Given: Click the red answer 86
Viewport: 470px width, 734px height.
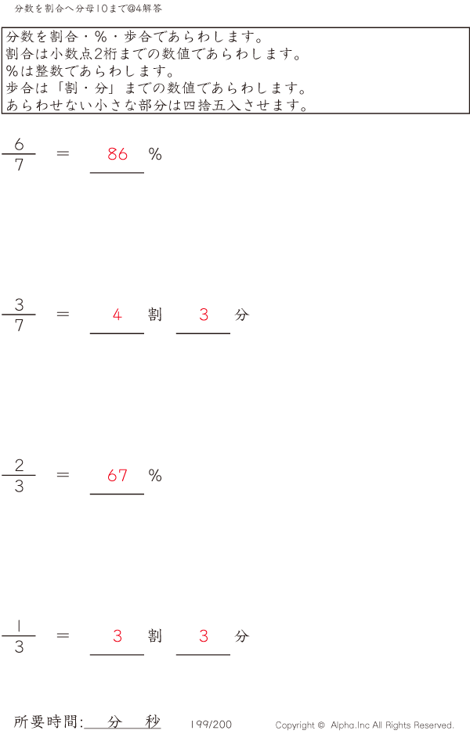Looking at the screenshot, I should (117, 154).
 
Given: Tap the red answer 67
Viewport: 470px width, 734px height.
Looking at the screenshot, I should (117, 475).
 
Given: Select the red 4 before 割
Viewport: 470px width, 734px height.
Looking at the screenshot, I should (117, 315).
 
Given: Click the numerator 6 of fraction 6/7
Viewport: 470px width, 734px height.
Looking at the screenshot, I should (19, 144).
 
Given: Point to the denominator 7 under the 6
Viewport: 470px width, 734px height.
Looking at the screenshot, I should (19, 165).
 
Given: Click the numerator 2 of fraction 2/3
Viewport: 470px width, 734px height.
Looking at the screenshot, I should (19, 466).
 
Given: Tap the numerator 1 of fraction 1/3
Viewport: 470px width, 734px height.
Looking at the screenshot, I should (19, 626).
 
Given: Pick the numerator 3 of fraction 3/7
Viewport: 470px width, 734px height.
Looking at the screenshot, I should (19, 304).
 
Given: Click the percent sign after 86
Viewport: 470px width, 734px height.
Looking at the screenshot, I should (155, 154).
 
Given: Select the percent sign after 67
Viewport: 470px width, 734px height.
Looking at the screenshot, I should (155, 475).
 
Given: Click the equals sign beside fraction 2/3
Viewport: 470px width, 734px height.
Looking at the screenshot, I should (63, 475).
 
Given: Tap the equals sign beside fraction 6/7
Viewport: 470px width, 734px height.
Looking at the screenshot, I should (63, 154).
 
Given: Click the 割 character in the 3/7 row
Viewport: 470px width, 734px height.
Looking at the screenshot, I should (155, 315).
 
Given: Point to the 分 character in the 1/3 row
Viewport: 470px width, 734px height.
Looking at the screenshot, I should (241, 636).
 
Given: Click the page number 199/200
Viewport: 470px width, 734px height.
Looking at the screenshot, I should (211, 725).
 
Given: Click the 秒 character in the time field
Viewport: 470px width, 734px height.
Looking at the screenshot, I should (152, 721).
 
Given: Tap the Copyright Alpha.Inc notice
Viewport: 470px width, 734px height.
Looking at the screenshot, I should (364, 725).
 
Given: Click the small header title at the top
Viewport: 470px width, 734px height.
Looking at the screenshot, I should (89, 9).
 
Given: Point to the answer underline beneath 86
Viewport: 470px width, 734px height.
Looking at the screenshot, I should (117, 172).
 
